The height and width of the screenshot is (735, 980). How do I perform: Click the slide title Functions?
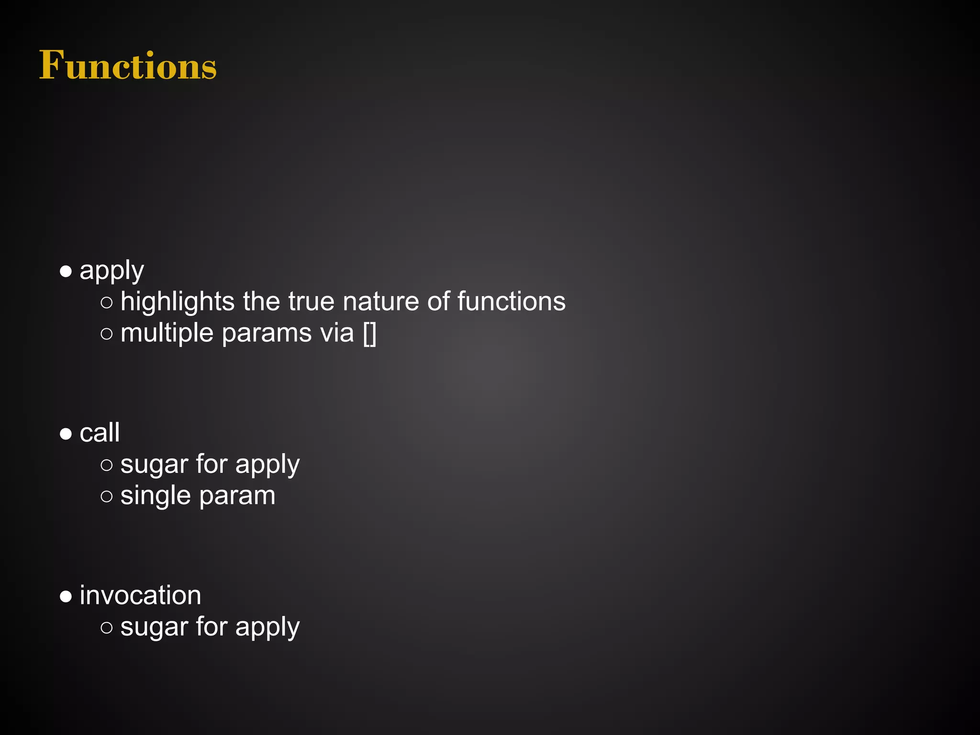click(x=128, y=65)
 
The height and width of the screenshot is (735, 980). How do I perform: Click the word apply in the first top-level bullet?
click(x=111, y=271)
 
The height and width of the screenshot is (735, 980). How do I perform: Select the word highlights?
click(x=178, y=302)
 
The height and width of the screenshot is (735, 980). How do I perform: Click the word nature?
click(x=381, y=302)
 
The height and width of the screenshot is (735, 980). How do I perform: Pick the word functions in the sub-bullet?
click(x=511, y=302)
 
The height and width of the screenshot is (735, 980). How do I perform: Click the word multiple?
click(x=167, y=334)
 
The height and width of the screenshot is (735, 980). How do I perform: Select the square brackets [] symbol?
click(x=369, y=334)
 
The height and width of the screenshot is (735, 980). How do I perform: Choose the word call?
click(x=100, y=433)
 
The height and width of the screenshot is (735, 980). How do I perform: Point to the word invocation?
click(x=140, y=596)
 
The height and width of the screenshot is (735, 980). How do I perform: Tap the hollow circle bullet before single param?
click(x=107, y=496)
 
